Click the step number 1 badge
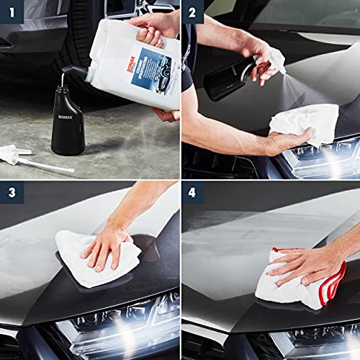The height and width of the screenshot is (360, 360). pos(12,12)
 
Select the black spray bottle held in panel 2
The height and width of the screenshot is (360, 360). pos(230,76)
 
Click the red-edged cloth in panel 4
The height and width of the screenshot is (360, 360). pos(302,277)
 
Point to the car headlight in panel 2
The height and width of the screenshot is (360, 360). pos(317,162)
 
